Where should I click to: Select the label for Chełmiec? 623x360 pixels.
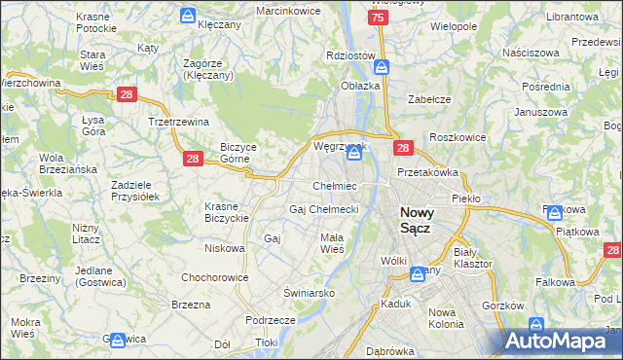click(x=334, y=186)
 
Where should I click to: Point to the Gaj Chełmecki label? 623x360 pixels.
click(x=324, y=209)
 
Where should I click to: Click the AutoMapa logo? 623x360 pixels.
click(x=563, y=341)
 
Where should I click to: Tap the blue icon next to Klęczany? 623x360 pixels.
click(x=188, y=16)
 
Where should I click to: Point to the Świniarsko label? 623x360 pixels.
click(x=310, y=292)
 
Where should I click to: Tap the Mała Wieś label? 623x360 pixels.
click(x=332, y=243)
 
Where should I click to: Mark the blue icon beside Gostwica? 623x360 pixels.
click(x=118, y=341)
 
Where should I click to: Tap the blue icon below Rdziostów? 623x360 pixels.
click(x=382, y=67)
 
